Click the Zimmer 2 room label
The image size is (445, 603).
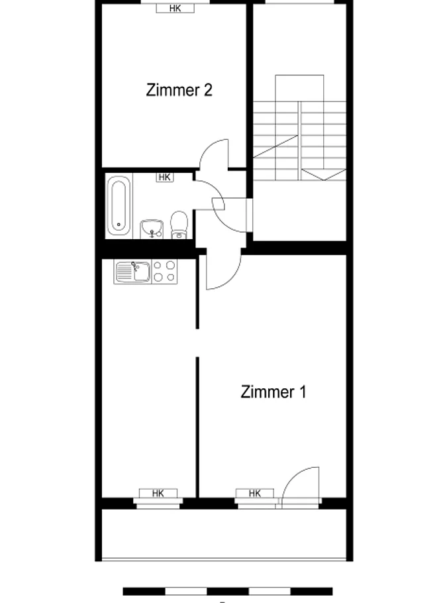click(x=179, y=90)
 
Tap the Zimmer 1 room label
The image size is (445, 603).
click(x=273, y=392)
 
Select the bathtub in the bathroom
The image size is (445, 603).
click(x=119, y=205)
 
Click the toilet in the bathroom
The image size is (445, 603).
click(x=179, y=225)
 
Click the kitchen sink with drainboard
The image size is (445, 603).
click(x=133, y=272)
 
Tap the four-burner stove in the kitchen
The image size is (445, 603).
click(x=165, y=272)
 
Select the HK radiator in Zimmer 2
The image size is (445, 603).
click(x=175, y=8)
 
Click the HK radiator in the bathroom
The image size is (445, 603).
click(x=164, y=177)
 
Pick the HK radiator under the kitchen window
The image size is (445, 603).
click(x=158, y=493)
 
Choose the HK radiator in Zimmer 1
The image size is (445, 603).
click(x=255, y=493)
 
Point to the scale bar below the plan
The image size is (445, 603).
click(x=228, y=591)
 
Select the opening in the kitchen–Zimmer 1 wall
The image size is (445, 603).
click(x=197, y=343)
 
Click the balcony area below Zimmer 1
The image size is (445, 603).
click(x=224, y=534)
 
